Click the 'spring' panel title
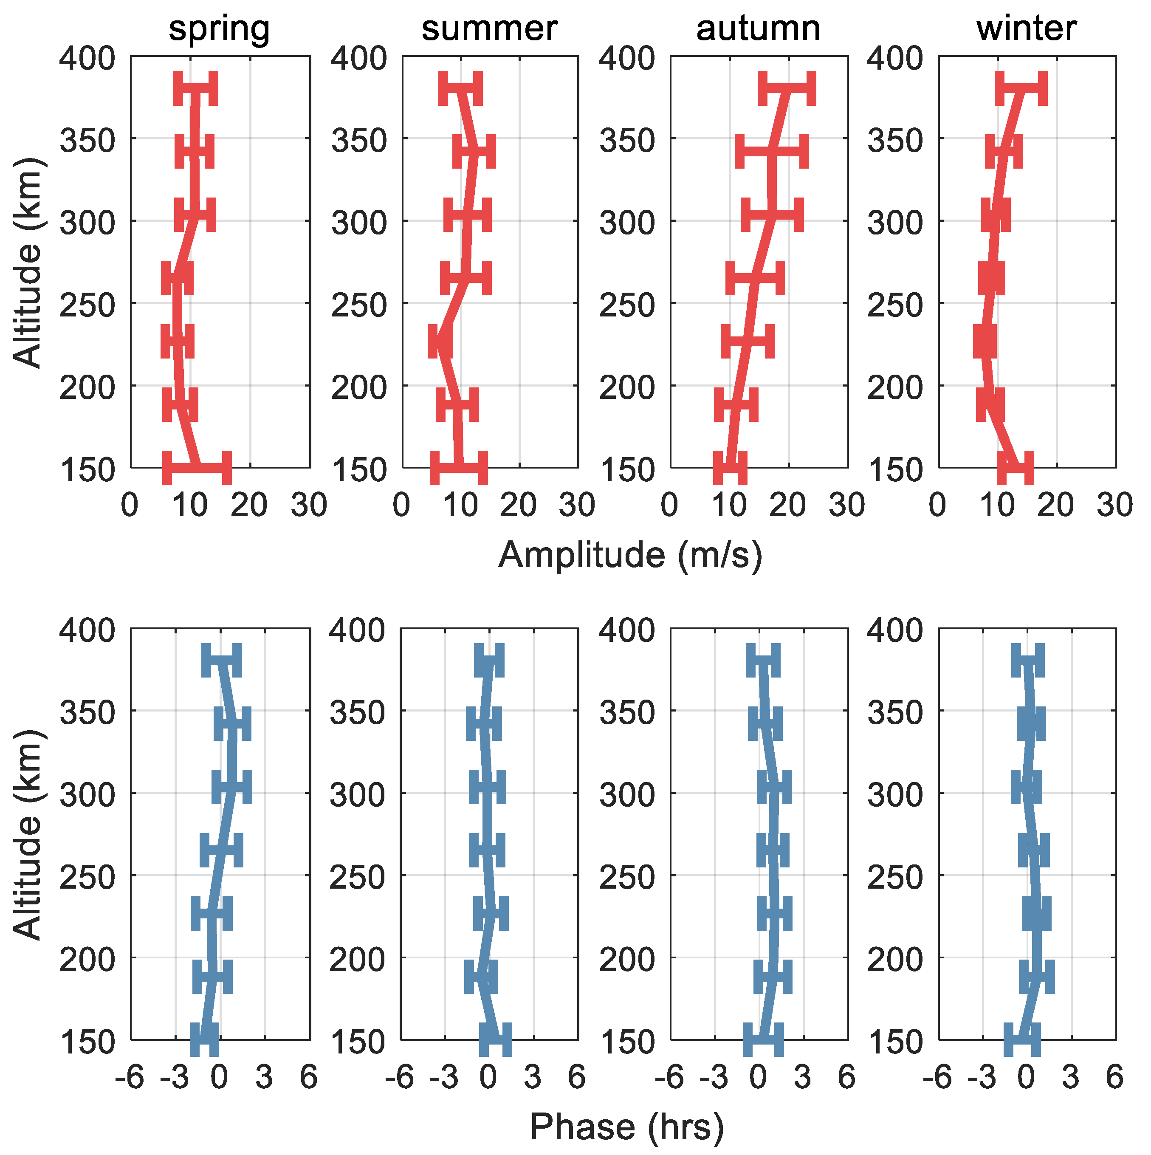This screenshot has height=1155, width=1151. (x=219, y=28)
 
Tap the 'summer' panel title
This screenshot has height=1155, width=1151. (x=489, y=28)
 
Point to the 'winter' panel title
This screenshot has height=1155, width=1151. (x=1026, y=28)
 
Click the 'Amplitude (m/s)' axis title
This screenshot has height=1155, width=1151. (x=630, y=555)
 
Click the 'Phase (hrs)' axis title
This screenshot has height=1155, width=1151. (x=626, y=1127)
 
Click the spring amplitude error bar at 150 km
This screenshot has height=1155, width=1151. (x=197, y=468)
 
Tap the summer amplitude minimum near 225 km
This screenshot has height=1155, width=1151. (x=440, y=342)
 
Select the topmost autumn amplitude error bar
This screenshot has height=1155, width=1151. (x=787, y=88)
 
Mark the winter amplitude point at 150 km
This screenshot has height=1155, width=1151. (x=1016, y=468)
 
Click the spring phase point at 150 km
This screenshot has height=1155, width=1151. (x=204, y=1040)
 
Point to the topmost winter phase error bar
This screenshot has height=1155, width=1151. (x=1027, y=661)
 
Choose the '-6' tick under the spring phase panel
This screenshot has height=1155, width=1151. (x=129, y=1078)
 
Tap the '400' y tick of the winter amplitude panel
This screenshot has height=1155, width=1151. (x=894, y=59)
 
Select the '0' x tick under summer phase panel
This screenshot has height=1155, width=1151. (x=488, y=1078)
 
